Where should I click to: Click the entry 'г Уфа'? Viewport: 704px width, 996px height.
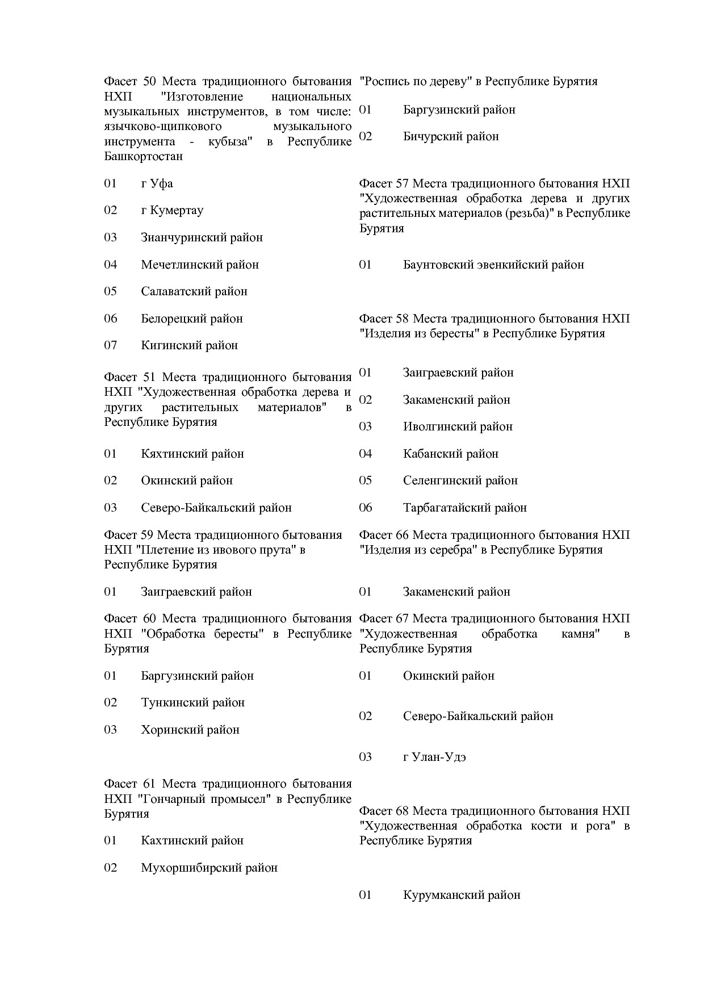[157, 183]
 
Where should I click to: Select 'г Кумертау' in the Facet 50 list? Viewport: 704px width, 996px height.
[172, 210]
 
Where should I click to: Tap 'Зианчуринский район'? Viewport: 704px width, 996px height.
[202, 237]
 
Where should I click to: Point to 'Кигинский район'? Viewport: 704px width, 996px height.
[189, 345]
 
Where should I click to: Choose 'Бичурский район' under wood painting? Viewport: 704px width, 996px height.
[451, 136]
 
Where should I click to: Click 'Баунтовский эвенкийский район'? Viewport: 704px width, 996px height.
[493, 265]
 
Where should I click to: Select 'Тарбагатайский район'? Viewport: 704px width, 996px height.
[464, 508]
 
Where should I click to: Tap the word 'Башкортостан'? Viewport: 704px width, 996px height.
[143, 156]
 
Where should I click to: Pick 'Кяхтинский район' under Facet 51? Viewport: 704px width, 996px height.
[192, 454]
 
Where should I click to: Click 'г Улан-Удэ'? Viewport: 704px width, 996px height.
[434, 757]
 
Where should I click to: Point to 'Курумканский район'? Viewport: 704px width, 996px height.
[461, 895]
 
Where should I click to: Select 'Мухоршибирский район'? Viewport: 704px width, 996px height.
[209, 868]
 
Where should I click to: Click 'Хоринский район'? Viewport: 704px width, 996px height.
[190, 730]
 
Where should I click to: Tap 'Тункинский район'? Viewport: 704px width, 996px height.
[192, 702]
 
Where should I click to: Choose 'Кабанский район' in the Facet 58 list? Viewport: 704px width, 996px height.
[450, 454]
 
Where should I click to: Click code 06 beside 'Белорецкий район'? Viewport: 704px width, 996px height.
[110, 319]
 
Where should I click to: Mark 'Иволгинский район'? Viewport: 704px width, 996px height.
[458, 426]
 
